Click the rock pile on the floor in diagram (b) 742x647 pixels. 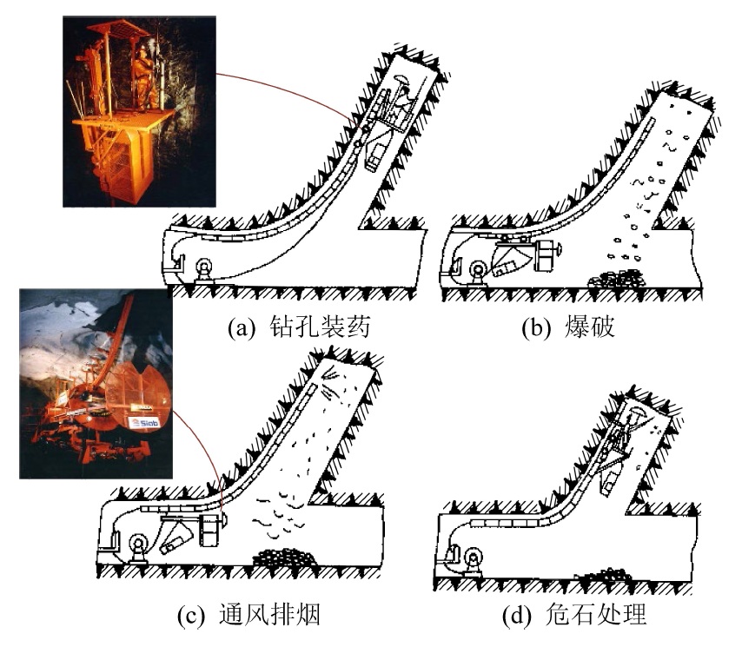tap(619, 280)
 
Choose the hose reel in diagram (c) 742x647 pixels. tap(138, 548)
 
